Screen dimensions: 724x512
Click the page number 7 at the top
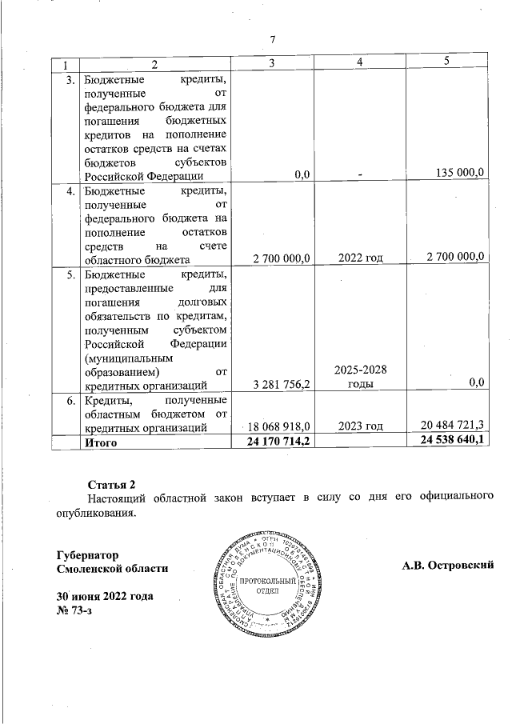point(272,40)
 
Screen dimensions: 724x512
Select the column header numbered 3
point(272,63)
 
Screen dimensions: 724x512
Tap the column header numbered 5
point(446,62)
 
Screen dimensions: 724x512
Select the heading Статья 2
point(112,485)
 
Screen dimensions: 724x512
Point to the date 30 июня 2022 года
point(104,597)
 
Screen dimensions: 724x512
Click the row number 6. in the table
point(70,399)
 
